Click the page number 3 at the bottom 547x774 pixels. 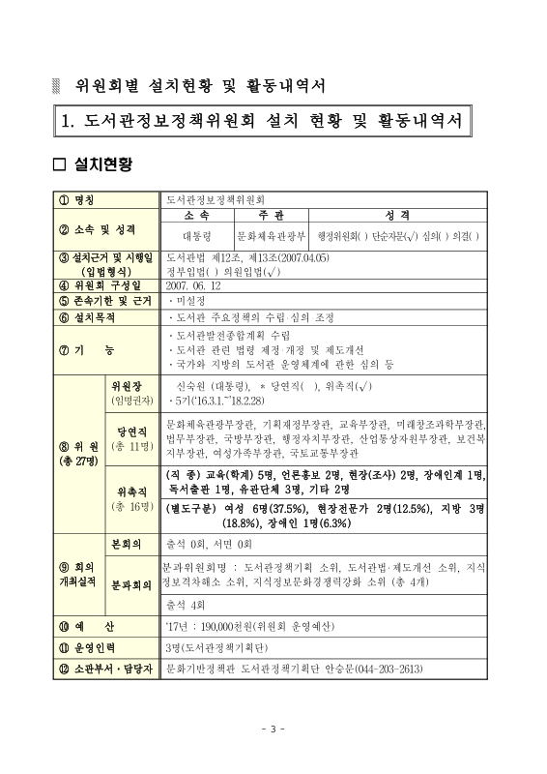pos(273,729)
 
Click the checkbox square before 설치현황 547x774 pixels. pos(60,164)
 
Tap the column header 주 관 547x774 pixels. pos(272,217)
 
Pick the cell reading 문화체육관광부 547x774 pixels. pos(272,235)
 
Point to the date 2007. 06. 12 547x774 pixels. pos(194,285)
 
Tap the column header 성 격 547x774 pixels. pos(403,217)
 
